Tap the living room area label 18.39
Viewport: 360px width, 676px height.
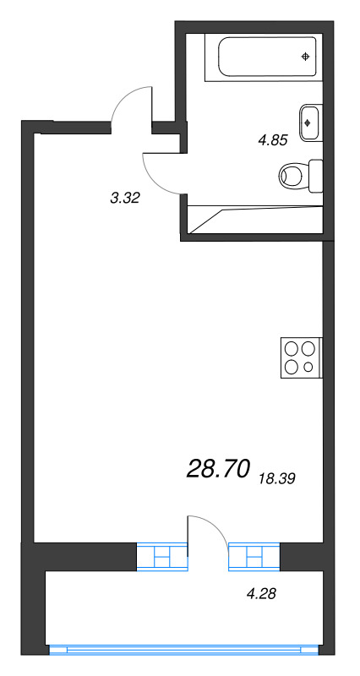[276, 478]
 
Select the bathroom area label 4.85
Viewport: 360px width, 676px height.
[274, 141]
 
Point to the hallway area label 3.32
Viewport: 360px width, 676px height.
[124, 199]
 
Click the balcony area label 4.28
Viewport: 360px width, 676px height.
[262, 594]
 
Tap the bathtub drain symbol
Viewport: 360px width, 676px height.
[306, 57]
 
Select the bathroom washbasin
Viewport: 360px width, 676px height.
[309, 122]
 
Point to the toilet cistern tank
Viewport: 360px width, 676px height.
[316, 176]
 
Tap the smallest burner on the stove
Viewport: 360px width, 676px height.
[309, 367]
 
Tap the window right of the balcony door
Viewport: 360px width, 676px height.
[252, 557]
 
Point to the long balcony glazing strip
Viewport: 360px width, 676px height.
[184, 651]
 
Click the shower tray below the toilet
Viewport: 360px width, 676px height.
[254, 218]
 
